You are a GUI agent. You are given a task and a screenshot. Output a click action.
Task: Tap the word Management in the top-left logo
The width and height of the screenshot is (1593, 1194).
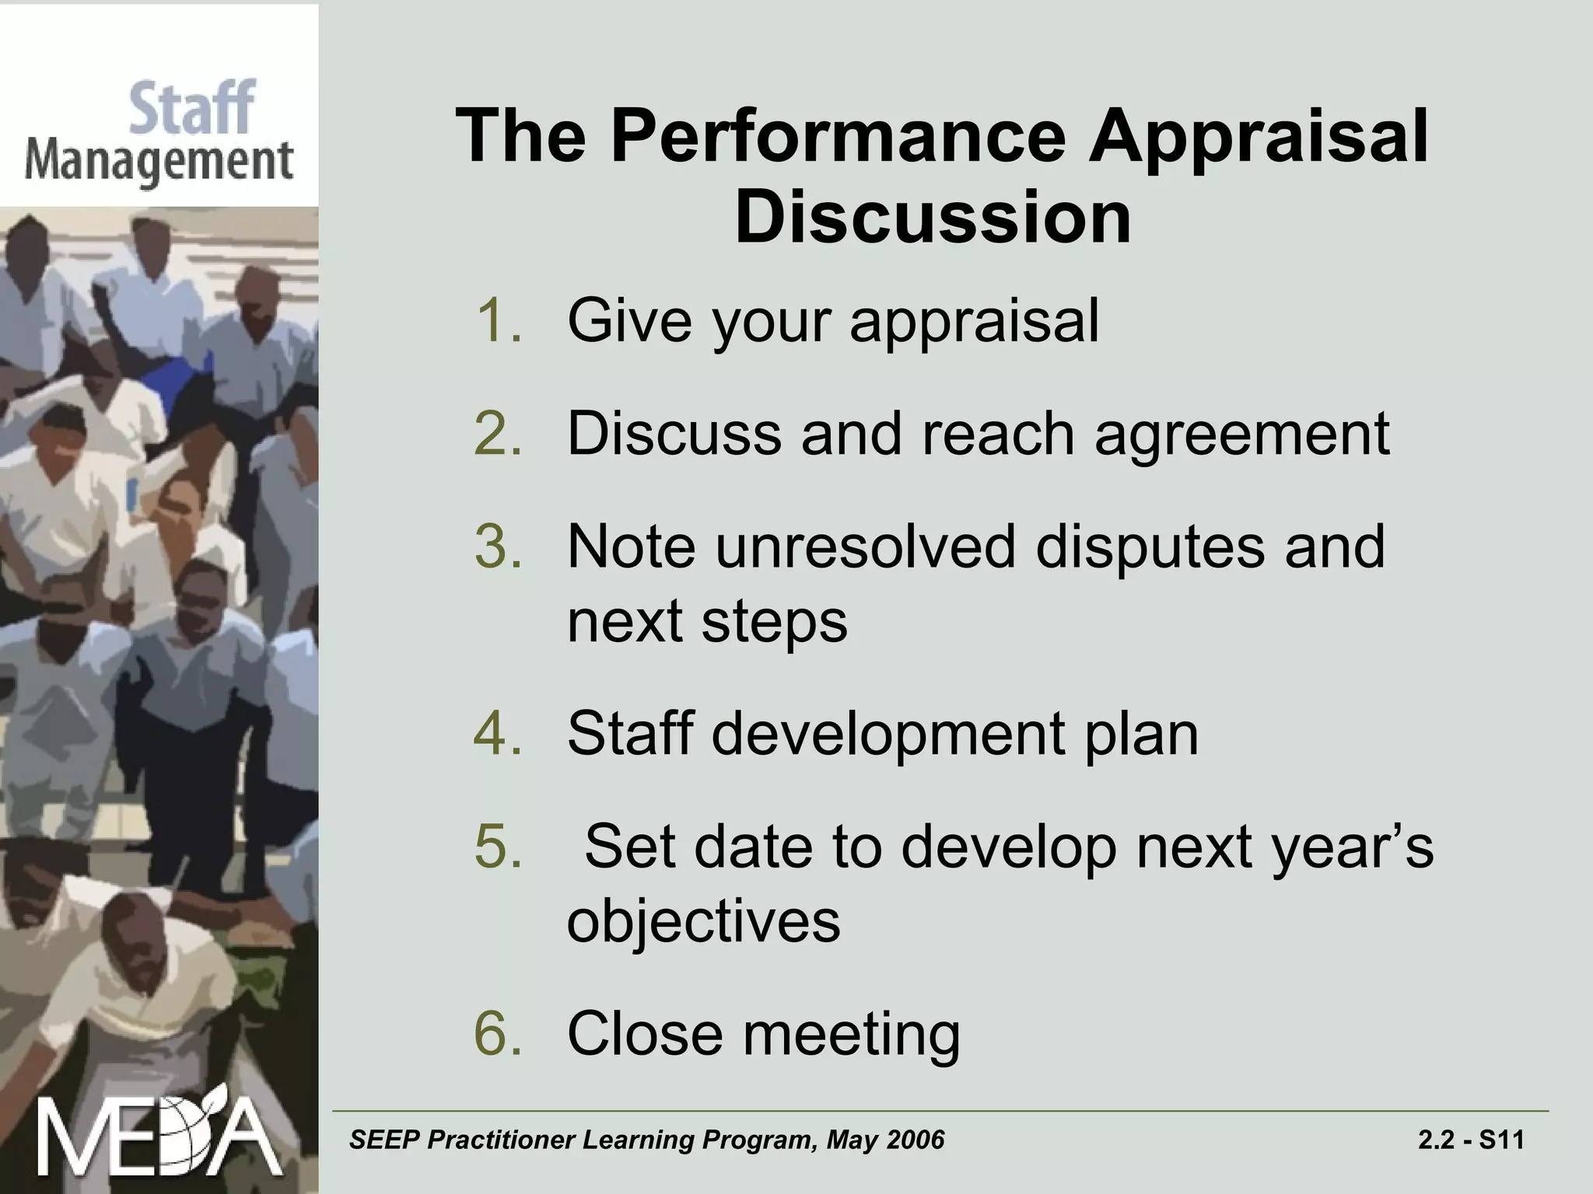pyautogui.click(x=159, y=162)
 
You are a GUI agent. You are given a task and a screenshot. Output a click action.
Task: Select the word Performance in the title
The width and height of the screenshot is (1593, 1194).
pyautogui.click(x=838, y=136)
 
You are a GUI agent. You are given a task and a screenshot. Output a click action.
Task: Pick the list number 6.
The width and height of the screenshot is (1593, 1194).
pyautogui.click(x=498, y=1033)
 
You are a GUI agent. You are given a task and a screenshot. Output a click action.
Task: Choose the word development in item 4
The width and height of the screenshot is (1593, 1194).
pyautogui.click(x=888, y=735)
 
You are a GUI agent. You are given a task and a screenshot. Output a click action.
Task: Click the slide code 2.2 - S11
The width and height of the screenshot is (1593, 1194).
pyautogui.click(x=1471, y=1140)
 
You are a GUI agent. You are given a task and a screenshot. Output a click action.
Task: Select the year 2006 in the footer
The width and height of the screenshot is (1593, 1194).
pyautogui.click(x=916, y=1140)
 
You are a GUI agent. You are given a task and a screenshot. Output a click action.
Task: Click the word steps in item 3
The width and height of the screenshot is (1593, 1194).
pyautogui.click(x=774, y=623)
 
